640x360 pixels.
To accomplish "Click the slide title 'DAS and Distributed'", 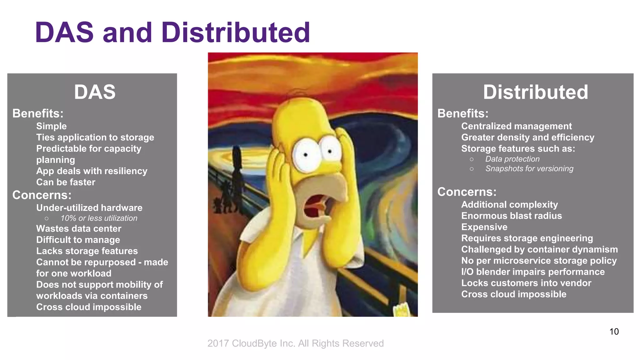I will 172,32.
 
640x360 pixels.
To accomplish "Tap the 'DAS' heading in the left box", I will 95,92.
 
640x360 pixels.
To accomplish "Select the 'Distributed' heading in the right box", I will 535,92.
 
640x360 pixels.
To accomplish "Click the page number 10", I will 614,332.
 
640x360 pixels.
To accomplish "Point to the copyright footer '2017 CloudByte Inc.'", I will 295,343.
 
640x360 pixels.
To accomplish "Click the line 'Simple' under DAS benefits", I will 52,126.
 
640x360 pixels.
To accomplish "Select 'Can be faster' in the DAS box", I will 66,182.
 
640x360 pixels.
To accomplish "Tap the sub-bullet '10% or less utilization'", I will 99,218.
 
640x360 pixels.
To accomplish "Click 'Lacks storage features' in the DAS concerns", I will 87,251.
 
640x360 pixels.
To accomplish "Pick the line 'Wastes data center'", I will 79,228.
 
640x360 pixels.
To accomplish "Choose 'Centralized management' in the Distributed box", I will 516,126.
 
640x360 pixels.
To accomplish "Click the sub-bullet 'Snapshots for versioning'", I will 529,169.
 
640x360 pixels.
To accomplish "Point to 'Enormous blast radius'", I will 511,216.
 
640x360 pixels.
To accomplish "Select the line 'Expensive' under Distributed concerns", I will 484,227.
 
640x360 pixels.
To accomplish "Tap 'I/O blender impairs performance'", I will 533,272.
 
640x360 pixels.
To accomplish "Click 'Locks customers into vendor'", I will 526,283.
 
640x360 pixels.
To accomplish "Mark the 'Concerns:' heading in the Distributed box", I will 467,192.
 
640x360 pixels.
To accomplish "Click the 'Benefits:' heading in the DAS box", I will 38,113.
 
